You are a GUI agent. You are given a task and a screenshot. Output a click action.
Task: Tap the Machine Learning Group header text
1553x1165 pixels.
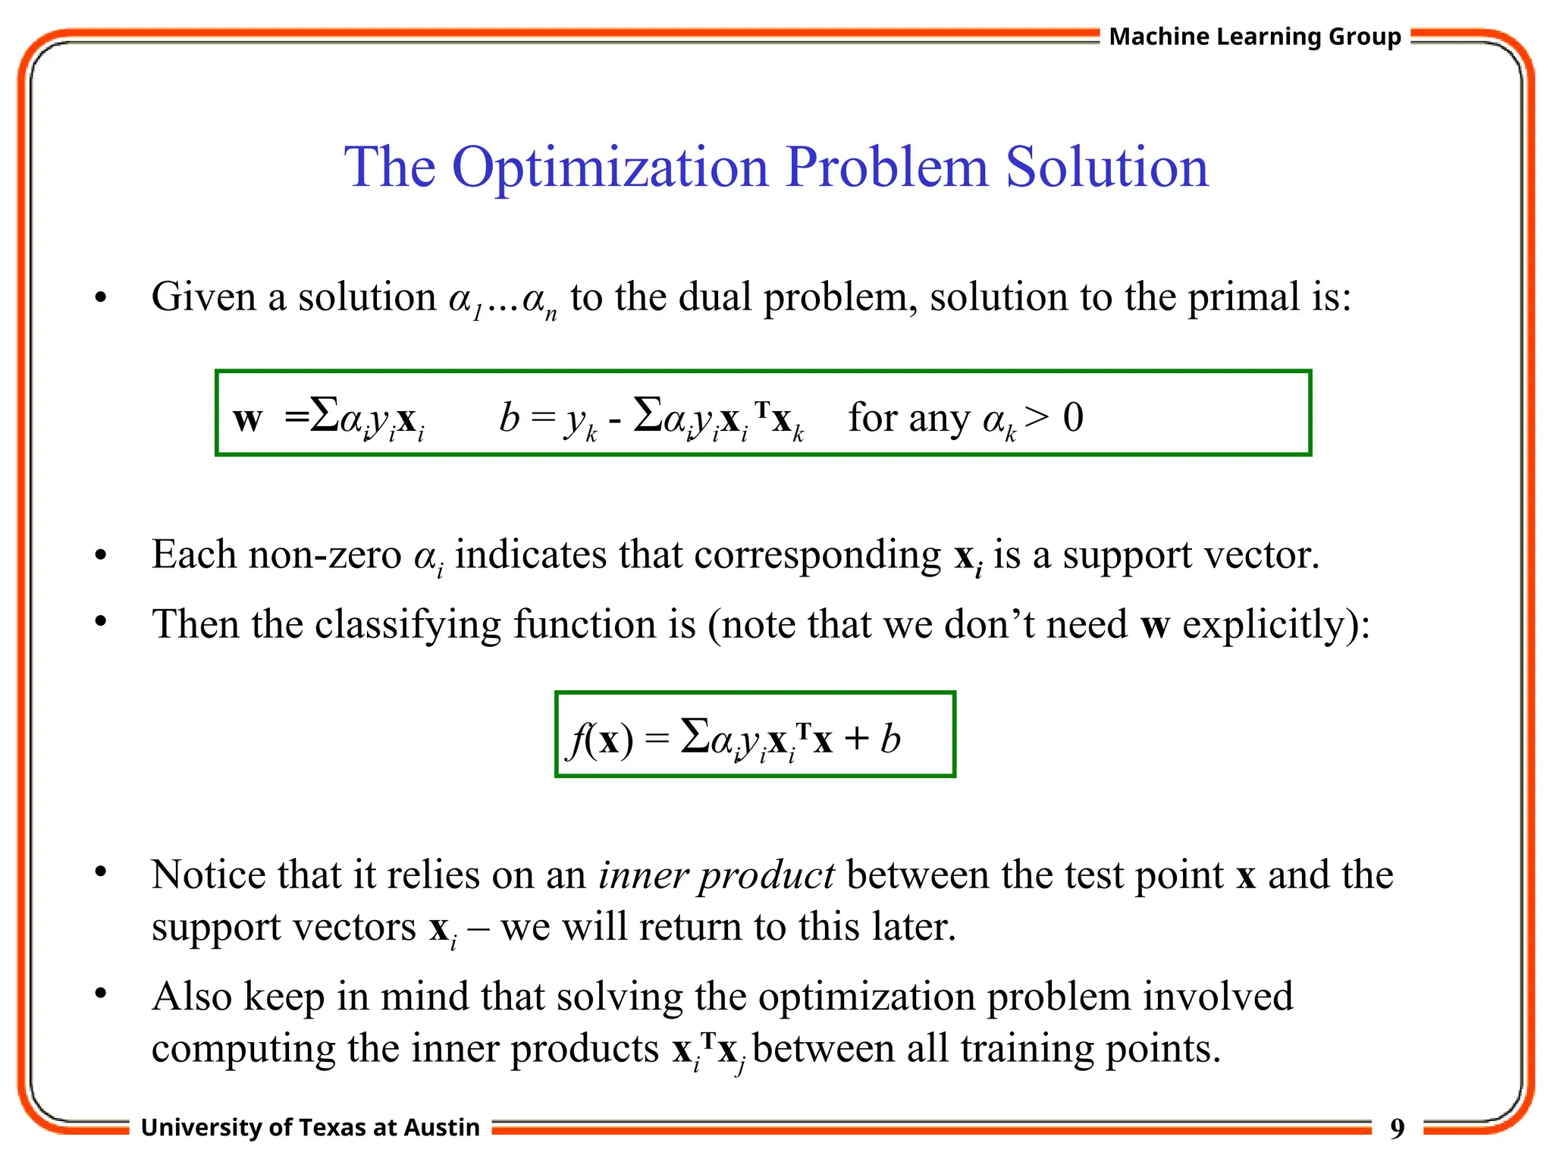pyautogui.click(x=1254, y=36)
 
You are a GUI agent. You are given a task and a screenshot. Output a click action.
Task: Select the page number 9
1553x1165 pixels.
pyautogui.click(x=1397, y=1129)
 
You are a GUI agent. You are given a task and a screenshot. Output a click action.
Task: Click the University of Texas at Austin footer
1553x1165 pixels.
pyautogui.click(x=310, y=1128)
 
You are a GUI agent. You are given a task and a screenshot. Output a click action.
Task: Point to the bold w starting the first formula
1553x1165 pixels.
pyautogui.click(x=247, y=419)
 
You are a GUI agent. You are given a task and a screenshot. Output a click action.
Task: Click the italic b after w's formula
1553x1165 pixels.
pyautogui.click(x=509, y=417)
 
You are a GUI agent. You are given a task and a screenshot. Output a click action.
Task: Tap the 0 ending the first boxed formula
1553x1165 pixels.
pyautogui.click(x=1073, y=417)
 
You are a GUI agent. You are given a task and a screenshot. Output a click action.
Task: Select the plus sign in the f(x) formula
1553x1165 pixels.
pyautogui.click(x=856, y=739)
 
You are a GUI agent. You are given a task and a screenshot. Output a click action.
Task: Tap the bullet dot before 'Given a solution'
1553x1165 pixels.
pyautogui.click(x=101, y=298)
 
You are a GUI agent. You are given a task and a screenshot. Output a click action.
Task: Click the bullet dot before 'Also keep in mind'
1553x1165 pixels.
pyautogui.click(x=101, y=993)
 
